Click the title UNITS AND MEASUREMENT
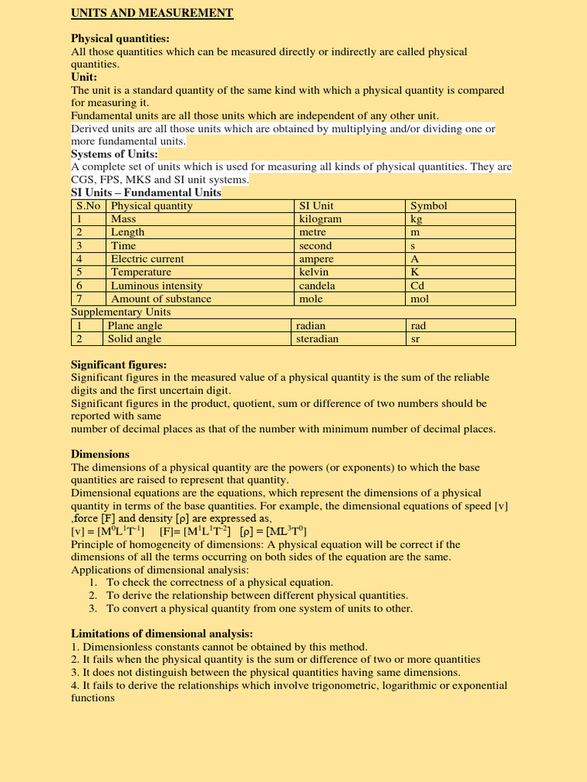(152, 13)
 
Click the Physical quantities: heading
(120, 38)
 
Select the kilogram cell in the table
(320, 219)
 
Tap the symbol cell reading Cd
(417, 286)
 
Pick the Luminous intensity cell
(157, 286)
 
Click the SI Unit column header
(316, 205)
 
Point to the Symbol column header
(429, 205)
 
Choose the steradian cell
(317, 338)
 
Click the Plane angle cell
(135, 325)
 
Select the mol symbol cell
(420, 299)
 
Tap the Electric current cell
(148, 259)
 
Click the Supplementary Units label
(121, 312)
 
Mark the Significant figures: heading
(118, 364)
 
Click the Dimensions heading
(100, 454)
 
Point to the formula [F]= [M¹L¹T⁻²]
(195, 531)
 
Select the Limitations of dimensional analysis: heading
(162, 633)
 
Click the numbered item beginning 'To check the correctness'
(219, 582)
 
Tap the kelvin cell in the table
(313, 272)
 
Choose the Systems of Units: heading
(114, 153)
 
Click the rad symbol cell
(418, 325)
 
